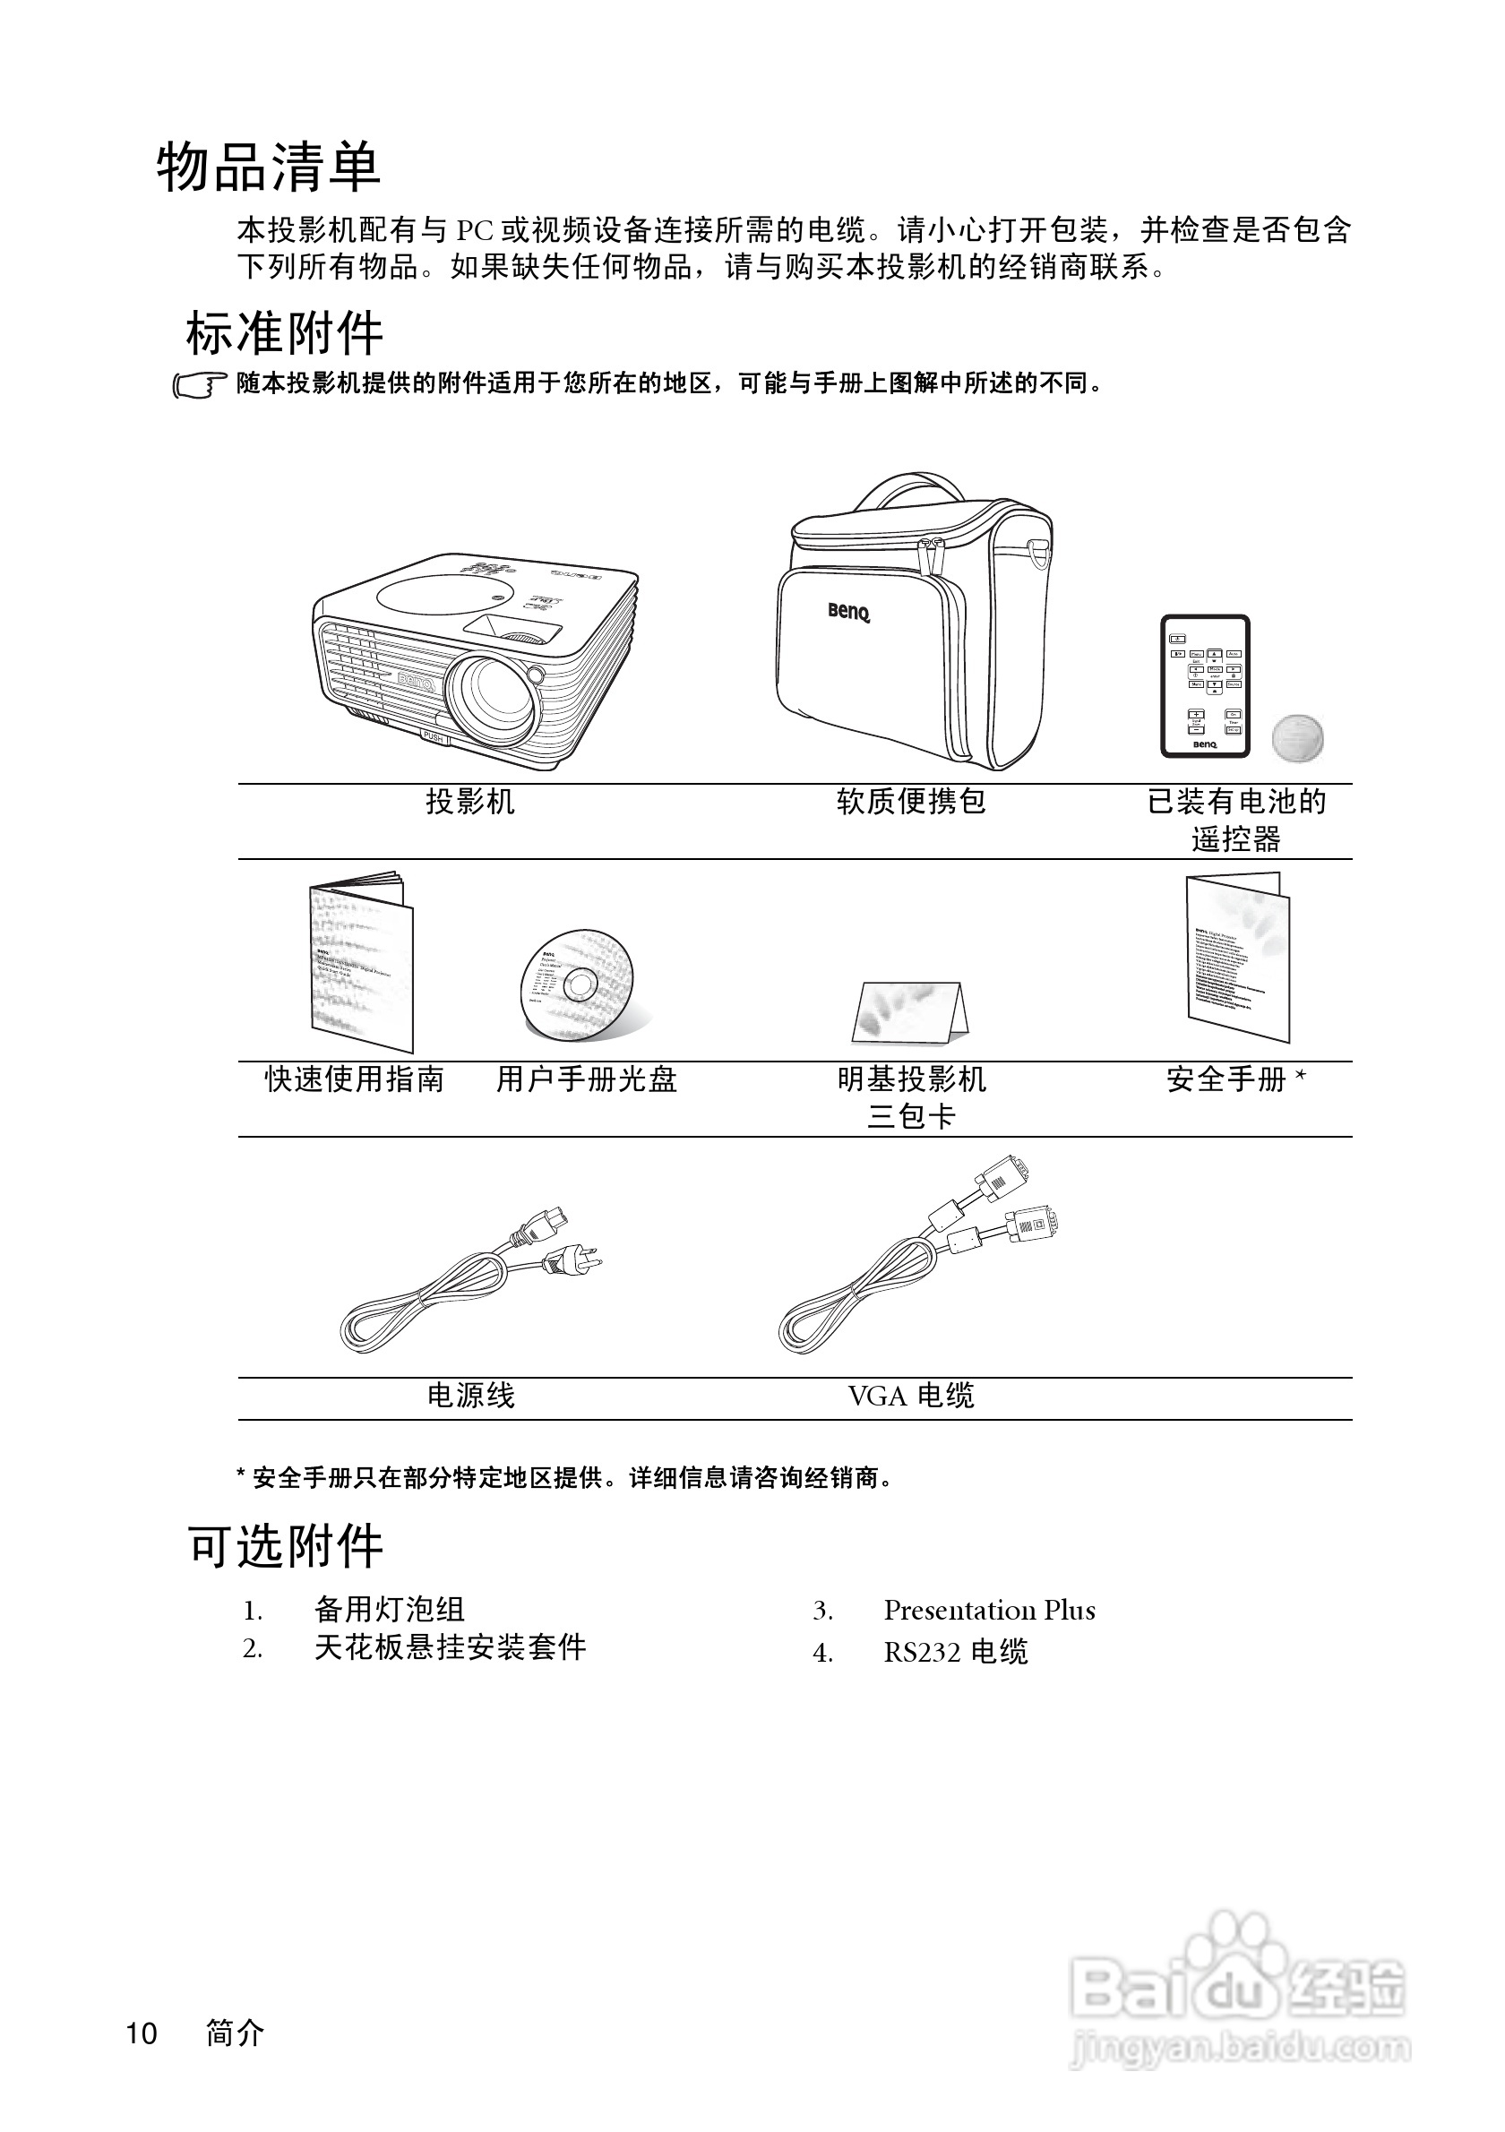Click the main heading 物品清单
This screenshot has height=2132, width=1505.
269,168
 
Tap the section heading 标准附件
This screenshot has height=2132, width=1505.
284,333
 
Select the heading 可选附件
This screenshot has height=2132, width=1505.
285,1547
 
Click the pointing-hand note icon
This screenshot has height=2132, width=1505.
199,384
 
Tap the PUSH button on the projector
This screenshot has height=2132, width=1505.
434,736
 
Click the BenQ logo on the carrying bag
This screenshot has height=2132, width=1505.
848,612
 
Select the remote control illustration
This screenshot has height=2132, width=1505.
1205,686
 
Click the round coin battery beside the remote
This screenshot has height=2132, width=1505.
1297,738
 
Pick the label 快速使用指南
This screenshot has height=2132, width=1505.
355,1079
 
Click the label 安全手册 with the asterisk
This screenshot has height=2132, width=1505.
1235,1079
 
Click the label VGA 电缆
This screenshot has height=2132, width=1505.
911,1396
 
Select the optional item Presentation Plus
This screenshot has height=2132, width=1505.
989,1610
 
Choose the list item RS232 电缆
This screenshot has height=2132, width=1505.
955,1652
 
